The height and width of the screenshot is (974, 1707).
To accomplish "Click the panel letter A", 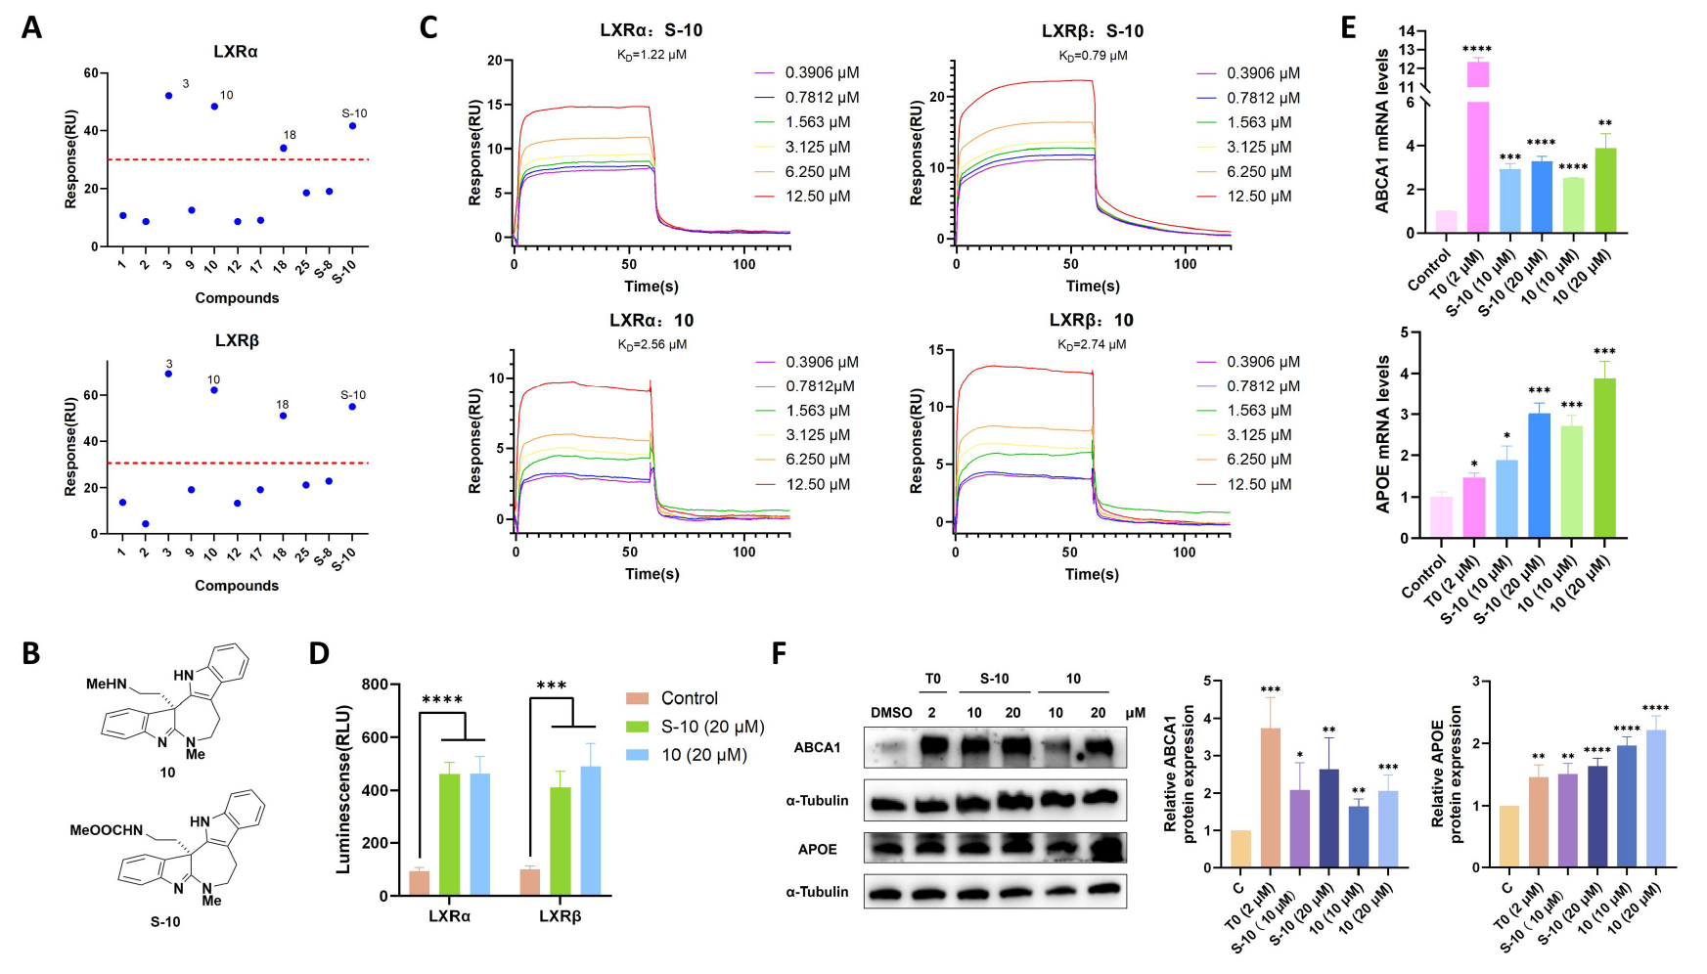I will pyautogui.click(x=32, y=27).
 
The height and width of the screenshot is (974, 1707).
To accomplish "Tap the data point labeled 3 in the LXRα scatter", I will pyautogui.click(x=168, y=96).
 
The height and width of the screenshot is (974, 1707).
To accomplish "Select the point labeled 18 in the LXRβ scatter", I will pyautogui.click(x=283, y=416).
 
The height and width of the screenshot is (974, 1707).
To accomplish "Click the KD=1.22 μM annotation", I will pyautogui.click(x=651, y=55).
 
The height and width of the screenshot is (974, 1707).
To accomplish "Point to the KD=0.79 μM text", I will pyautogui.click(x=1093, y=55).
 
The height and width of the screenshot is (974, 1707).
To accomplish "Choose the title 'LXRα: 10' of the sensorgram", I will pyautogui.click(x=651, y=321).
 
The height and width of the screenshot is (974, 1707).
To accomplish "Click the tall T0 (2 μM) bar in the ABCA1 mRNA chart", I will pyautogui.click(x=1477, y=147).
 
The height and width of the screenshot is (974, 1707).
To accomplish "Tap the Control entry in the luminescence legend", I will pyautogui.click(x=689, y=698).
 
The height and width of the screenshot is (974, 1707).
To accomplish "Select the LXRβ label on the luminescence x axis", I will pyautogui.click(x=560, y=916).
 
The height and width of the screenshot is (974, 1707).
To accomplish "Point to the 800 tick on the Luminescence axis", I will pyautogui.click(x=375, y=685).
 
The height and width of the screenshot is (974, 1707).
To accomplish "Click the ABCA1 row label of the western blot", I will pyautogui.click(x=817, y=748).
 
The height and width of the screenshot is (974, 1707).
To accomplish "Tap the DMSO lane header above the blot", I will pyautogui.click(x=891, y=712).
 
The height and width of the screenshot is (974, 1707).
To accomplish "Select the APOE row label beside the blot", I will pyautogui.click(x=817, y=849).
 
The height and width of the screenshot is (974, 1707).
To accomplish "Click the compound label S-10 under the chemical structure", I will pyautogui.click(x=165, y=921).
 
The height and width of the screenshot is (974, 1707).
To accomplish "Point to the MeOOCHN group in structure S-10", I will pyautogui.click(x=106, y=830).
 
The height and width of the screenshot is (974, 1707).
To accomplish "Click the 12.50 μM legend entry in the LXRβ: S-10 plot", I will pyautogui.click(x=1259, y=197).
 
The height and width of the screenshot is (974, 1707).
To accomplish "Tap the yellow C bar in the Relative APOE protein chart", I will pyautogui.click(x=1508, y=836).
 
